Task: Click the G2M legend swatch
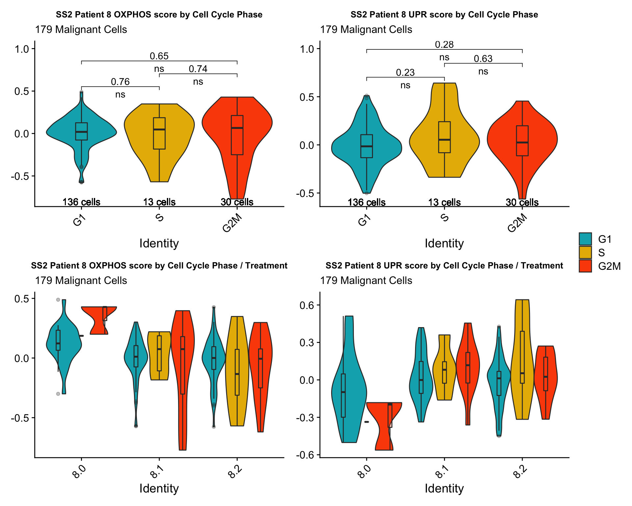pyautogui.click(x=585, y=266)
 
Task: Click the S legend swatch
pyautogui.click(x=585, y=252)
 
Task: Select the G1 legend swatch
pyautogui.click(x=585, y=239)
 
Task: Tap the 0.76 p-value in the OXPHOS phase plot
pyautogui.click(x=120, y=82)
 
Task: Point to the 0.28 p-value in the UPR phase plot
pyautogui.click(x=444, y=44)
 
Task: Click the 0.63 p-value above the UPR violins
pyautogui.click(x=483, y=59)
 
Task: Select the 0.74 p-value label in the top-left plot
pyautogui.click(x=198, y=69)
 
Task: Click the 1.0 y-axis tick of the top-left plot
pyautogui.click(x=22, y=49)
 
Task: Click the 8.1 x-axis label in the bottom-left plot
pyautogui.click(x=156, y=474)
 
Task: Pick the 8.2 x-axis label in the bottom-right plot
pyautogui.click(x=519, y=474)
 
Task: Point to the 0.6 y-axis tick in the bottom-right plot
pyautogui.click(x=307, y=305)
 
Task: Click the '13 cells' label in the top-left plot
pyautogui.click(x=159, y=202)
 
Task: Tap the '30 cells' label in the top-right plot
pyautogui.click(x=522, y=202)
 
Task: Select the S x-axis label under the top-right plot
pyautogui.click(x=444, y=218)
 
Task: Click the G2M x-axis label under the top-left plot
pyautogui.click(x=232, y=223)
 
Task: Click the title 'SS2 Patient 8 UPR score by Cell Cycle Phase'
pyautogui.click(x=444, y=14)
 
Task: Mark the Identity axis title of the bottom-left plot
pyautogui.click(x=159, y=488)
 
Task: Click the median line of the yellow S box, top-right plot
pyautogui.click(x=444, y=140)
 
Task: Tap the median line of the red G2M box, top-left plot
pyautogui.click(x=237, y=128)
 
